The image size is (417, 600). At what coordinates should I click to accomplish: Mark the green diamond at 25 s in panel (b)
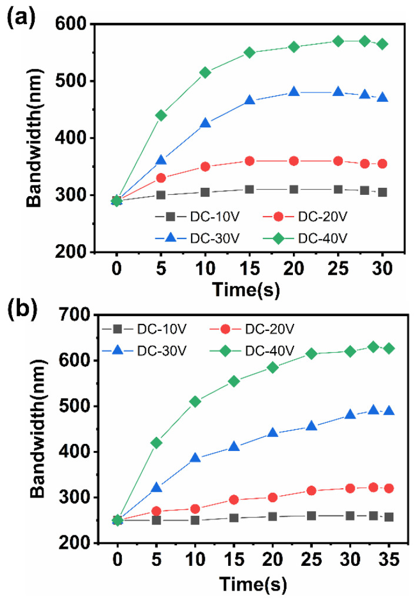312,353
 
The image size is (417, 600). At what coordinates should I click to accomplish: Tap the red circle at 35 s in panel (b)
388,488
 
